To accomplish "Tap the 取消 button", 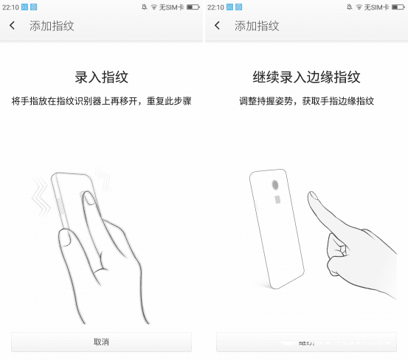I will (101, 342).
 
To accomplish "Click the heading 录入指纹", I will (101, 76).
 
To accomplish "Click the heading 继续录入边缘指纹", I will (305, 76).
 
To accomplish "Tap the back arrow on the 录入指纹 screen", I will (13, 26).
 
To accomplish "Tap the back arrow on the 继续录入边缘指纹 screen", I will (217, 26).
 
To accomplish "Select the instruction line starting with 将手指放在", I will (101, 100).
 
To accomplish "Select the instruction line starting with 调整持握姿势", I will (305, 100).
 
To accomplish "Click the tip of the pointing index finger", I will (312, 196).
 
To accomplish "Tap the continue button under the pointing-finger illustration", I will (305, 342).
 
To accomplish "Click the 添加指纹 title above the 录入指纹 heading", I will (52, 26).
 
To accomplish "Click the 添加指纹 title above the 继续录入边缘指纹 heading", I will (257, 26).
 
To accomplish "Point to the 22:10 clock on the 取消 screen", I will (10, 7).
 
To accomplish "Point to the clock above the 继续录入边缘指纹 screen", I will (215, 7).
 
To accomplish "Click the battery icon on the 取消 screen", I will (193, 7).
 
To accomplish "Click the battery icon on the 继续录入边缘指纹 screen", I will (398, 7).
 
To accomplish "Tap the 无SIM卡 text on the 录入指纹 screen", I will (172, 7).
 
